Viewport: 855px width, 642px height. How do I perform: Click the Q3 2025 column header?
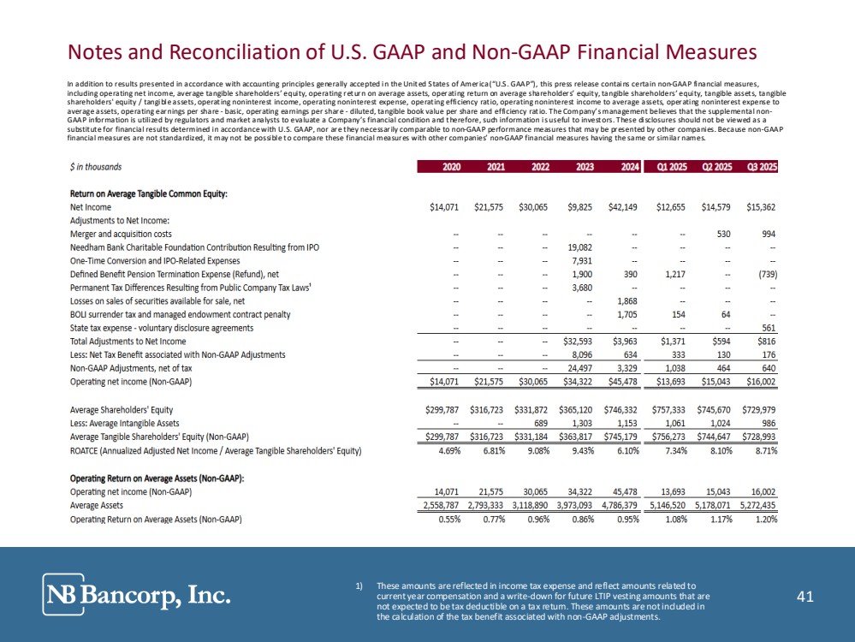coord(759,168)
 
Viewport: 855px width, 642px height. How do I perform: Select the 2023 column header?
coord(585,168)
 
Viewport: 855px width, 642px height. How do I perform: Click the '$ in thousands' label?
coord(95,168)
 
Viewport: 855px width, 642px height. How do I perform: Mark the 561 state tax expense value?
coord(767,327)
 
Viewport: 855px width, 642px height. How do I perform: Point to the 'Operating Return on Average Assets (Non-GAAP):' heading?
coord(156,479)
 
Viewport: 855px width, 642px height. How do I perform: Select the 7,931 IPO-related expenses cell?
coord(583,260)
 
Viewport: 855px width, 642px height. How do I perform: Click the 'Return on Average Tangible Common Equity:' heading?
coord(148,194)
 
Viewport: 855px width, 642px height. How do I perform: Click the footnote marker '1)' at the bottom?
coord(359,586)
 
